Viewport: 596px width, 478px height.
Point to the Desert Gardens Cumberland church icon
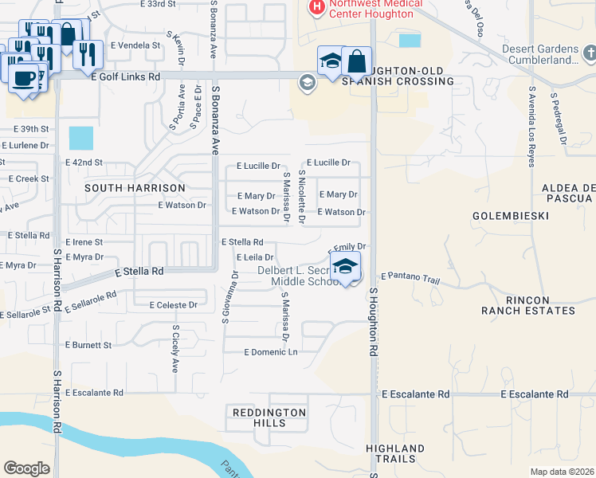[x=589, y=53]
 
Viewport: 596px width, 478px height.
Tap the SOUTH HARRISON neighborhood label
[x=135, y=188]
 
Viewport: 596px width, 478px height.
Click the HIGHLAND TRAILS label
[x=395, y=454]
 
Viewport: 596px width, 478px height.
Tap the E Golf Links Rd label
[x=126, y=76]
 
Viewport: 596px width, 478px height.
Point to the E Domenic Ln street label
[x=271, y=351]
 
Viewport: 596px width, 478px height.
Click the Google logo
[x=26, y=468]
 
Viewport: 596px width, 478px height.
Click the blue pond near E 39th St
[x=80, y=138]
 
